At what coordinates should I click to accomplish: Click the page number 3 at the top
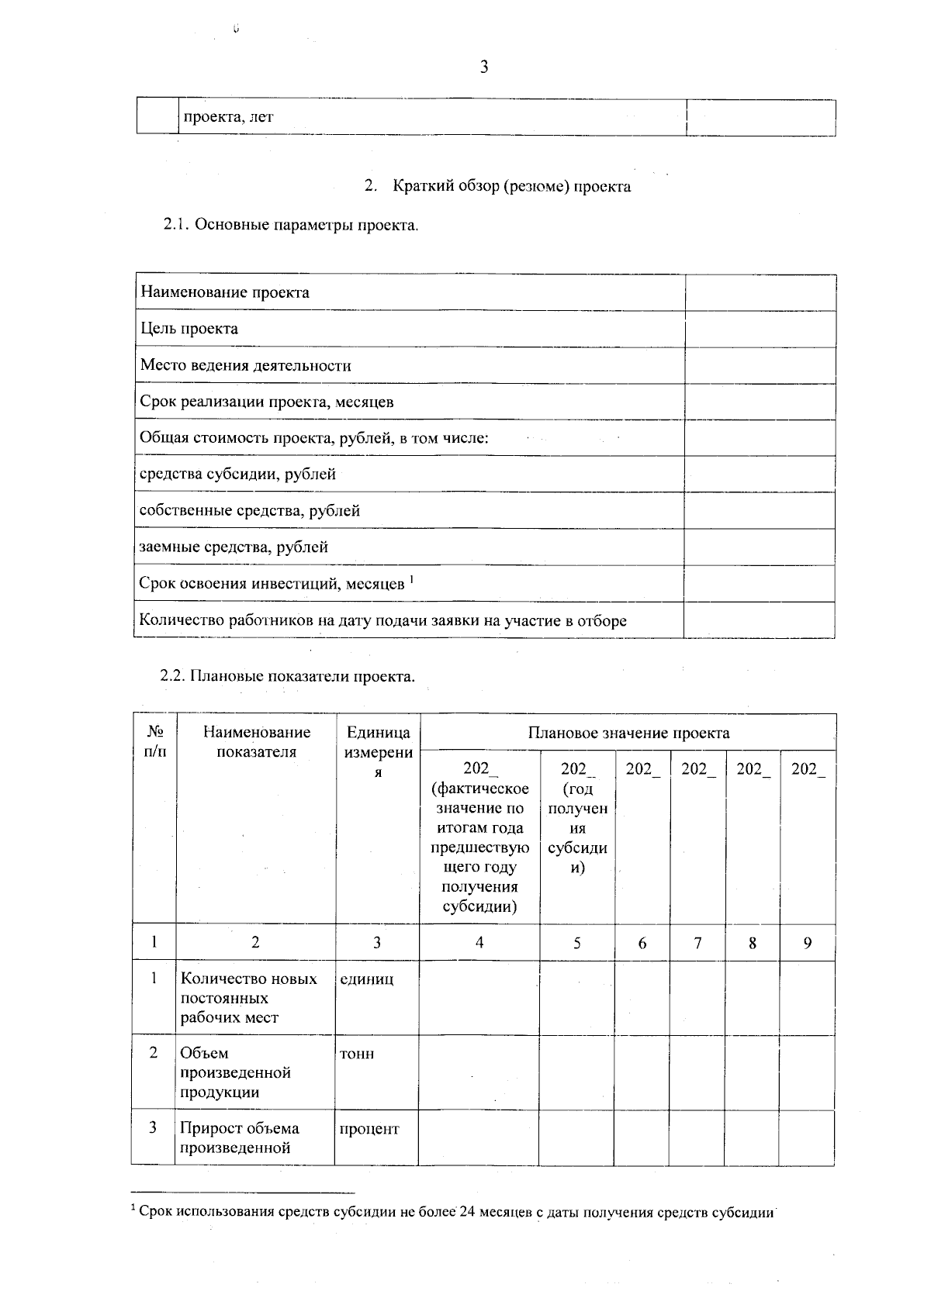(484, 67)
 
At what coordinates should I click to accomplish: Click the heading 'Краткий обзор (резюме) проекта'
(511, 186)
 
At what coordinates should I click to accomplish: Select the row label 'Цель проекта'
(189, 329)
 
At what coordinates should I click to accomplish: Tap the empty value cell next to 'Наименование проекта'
(760, 292)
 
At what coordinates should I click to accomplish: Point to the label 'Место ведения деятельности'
(245, 365)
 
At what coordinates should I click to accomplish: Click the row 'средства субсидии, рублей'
(237, 474)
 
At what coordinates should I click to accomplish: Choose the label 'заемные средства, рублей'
(234, 547)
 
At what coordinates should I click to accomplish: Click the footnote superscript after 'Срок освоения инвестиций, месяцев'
(411, 578)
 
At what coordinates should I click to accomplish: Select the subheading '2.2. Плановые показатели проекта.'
(288, 675)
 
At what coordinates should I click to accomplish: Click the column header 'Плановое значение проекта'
(628, 733)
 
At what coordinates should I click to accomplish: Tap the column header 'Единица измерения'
(378, 752)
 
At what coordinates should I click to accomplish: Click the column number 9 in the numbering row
(808, 943)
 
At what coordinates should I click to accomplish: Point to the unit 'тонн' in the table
(357, 1054)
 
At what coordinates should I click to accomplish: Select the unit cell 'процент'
(369, 1129)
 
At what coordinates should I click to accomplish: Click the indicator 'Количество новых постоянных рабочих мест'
(248, 998)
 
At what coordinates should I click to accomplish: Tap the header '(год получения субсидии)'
(577, 828)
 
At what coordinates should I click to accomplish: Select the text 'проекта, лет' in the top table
(228, 118)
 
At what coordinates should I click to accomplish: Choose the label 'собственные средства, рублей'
(249, 510)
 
